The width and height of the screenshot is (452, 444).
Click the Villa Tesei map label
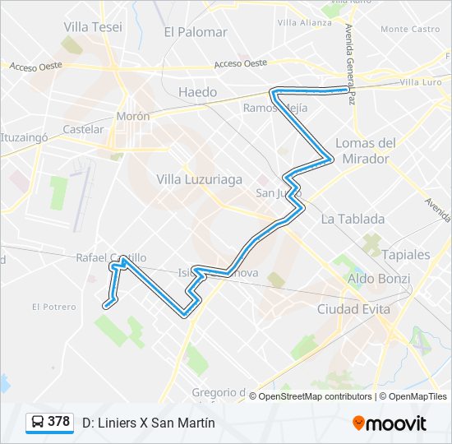(92, 26)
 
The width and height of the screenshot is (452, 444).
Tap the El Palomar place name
(195, 32)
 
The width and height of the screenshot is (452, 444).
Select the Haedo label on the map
(198, 92)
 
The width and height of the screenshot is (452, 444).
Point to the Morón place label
(132, 117)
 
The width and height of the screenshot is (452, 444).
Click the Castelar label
(83, 129)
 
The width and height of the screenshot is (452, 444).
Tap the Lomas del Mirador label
(366, 150)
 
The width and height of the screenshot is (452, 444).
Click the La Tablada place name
(353, 219)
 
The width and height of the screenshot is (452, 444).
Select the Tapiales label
(405, 254)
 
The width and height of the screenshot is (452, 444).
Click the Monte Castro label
(410, 29)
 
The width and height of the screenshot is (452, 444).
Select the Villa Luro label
(424, 83)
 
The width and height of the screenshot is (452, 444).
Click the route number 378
(58, 422)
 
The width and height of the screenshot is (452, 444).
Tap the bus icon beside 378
(38, 423)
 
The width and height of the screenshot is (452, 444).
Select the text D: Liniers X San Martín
(148, 423)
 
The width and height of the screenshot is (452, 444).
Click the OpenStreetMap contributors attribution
(315, 396)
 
